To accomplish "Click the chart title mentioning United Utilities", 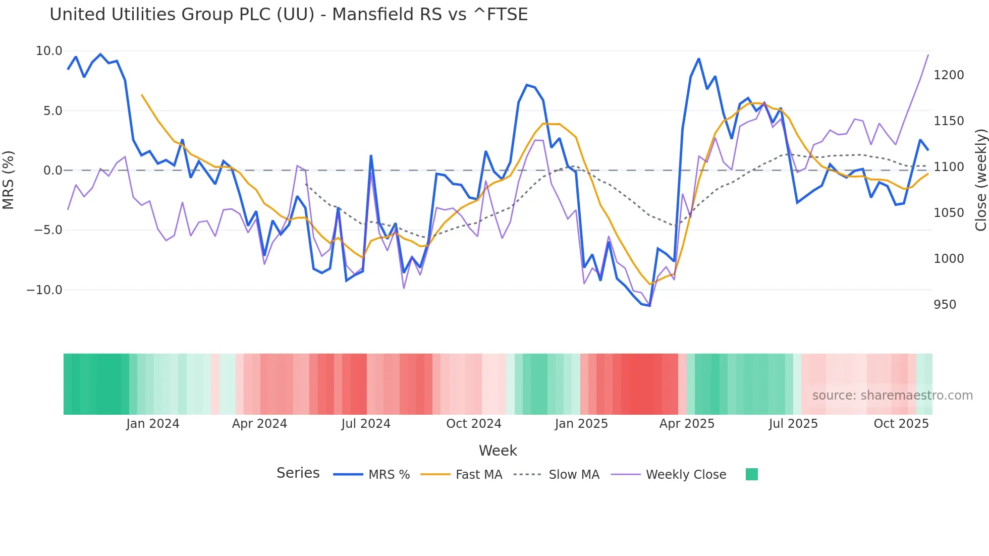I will point(289,15).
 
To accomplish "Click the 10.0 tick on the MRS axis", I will point(49,51).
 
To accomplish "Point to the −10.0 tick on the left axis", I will point(44,290).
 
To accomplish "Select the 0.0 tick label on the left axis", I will point(52,171).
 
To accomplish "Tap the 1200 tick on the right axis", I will point(949,75).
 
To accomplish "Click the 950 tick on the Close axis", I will point(945,305).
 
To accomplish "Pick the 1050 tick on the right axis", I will point(949,213).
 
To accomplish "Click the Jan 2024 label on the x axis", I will point(152,424).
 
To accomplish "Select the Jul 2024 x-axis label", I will point(366,424).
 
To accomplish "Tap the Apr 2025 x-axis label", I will point(687,424).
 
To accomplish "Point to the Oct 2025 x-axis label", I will point(901,424).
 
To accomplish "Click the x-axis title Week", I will point(498,451).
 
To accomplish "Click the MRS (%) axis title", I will point(8,180).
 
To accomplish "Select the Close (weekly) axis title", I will point(980,180).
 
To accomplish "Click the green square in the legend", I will point(751,475).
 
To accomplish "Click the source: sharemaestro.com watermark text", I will point(892,396).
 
